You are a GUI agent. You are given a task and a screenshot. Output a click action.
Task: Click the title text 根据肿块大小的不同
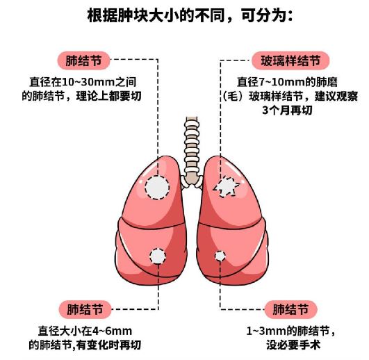(156, 16)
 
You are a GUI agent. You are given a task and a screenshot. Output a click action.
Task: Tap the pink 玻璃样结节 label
(290, 60)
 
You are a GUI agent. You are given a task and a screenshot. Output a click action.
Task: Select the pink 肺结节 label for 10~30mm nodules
(84, 60)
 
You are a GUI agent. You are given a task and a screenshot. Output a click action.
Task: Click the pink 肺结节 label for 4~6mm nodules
(85, 309)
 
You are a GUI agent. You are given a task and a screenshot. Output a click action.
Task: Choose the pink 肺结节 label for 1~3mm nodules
(290, 309)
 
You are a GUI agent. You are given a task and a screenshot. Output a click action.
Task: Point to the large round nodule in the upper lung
(157, 188)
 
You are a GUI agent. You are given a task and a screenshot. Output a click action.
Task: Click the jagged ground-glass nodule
(226, 186)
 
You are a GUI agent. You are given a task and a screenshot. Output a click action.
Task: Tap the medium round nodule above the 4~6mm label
(158, 256)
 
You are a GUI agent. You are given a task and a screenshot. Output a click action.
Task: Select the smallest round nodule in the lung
(220, 256)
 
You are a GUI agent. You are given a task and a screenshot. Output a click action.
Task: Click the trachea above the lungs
(192, 151)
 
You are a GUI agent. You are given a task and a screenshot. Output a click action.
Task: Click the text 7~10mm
(281, 82)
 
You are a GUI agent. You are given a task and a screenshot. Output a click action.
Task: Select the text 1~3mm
(266, 331)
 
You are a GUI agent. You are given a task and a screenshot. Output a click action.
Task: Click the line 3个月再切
(287, 110)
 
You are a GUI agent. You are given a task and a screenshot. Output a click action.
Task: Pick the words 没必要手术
(293, 345)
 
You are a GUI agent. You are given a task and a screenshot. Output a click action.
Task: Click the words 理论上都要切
(108, 96)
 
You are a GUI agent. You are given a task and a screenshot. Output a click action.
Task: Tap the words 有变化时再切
(108, 345)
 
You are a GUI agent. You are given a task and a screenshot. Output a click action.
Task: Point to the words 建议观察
(336, 96)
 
